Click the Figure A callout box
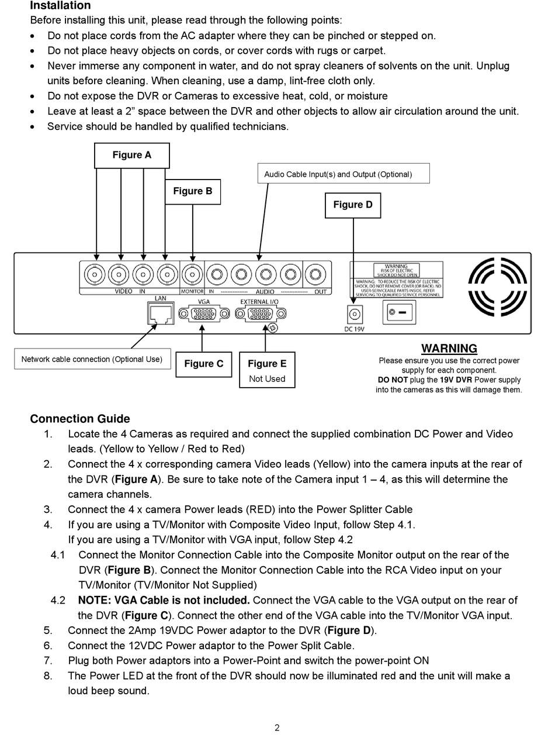(x=131, y=156)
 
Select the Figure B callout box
(x=192, y=192)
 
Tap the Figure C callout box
(x=203, y=364)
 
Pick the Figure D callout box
(x=352, y=205)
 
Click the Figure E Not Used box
(x=267, y=370)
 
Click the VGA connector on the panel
(x=203, y=313)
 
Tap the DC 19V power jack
(x=354, y=315)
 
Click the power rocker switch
(x=400, y=312)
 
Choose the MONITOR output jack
(x=192, y=274)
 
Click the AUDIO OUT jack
(x=317, y=274)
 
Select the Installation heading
(x=60, y=6)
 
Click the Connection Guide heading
(x=80, y=419)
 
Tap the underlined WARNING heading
(x=449, y=349)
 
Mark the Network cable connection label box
(x=92, y=359)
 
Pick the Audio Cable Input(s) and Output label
(x=343, y=174)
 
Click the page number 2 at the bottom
(x=277, y=728)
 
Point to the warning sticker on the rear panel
(x=396, y=280)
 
